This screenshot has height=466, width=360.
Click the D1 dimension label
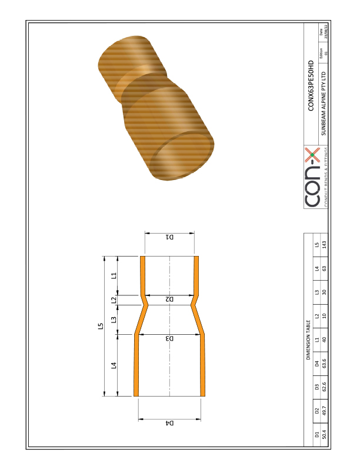point(169,238)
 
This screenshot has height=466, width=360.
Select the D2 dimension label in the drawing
point(169,299)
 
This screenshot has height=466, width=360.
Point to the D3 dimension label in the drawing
point(169,338)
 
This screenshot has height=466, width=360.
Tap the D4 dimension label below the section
point(169,422)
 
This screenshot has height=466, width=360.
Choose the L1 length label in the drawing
point(114,275)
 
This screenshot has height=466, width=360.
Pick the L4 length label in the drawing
point(114,365)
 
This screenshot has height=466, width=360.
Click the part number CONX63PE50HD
point(312,85)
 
